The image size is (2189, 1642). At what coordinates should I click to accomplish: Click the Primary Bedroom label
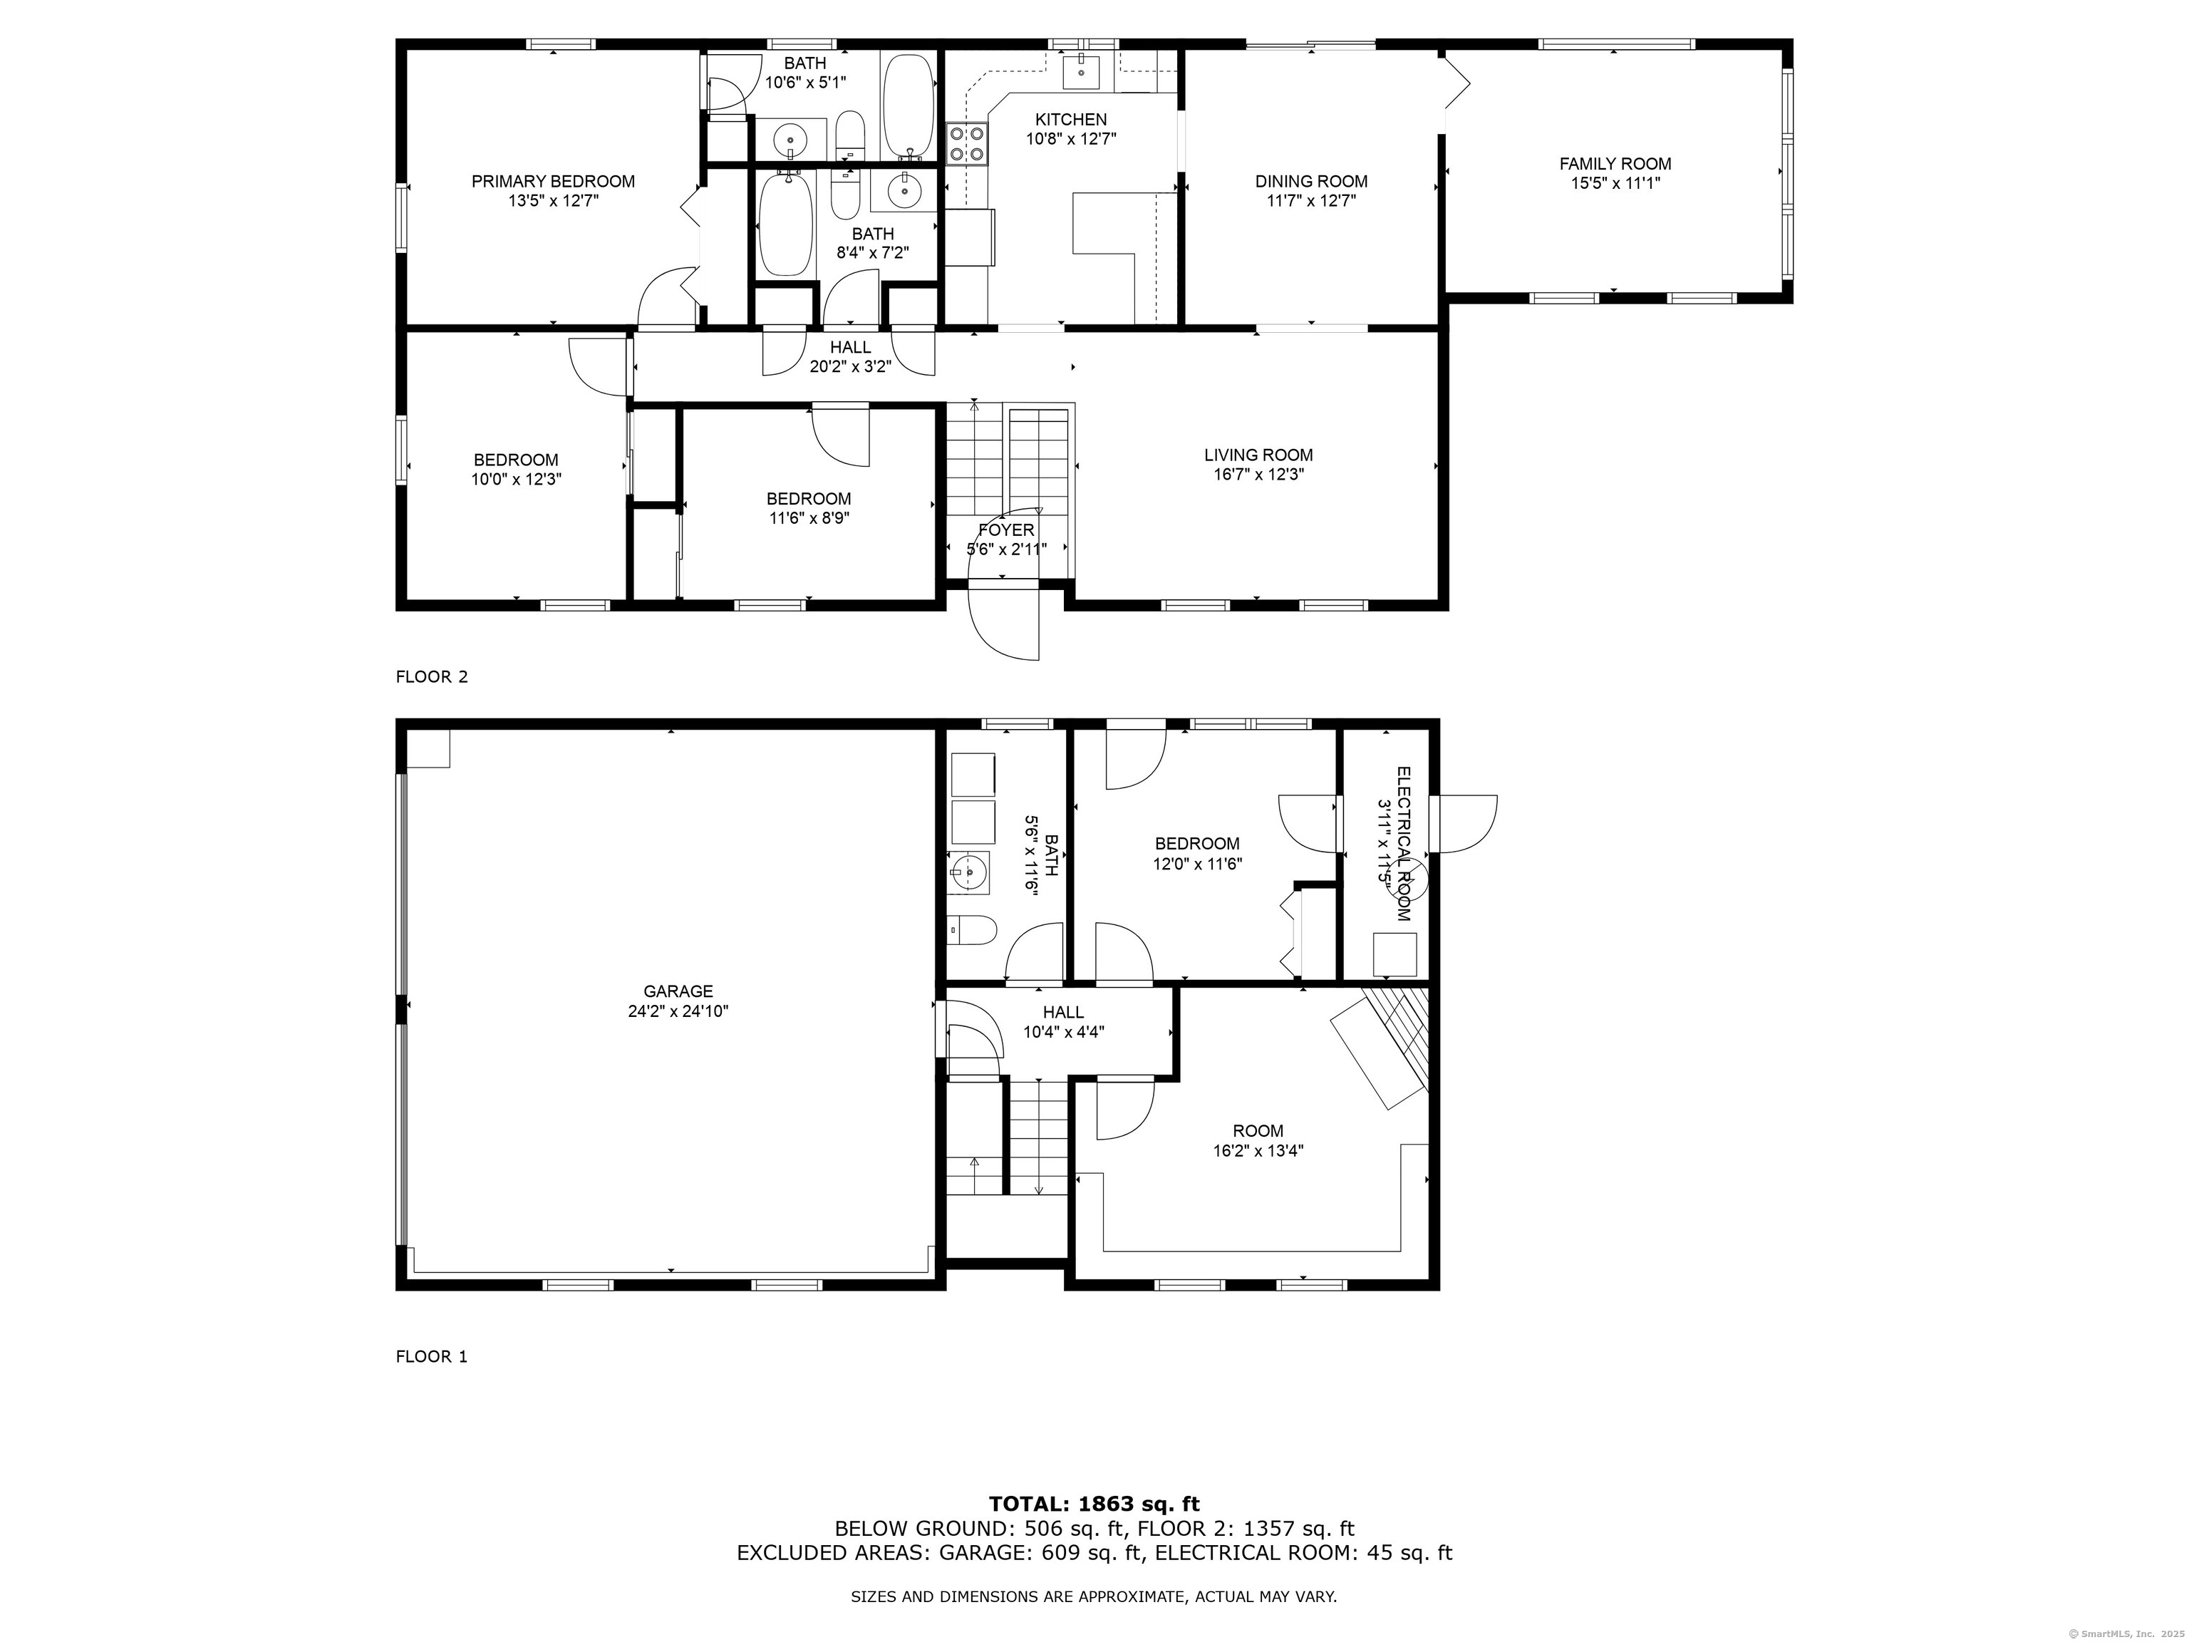[x=552, y=181]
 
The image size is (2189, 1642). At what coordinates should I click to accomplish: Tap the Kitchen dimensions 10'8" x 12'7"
[x=1071, y=138]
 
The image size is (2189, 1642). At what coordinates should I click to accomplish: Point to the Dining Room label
[x=1311, y=181]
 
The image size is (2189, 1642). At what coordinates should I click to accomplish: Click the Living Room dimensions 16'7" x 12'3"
[x=1259, y=474]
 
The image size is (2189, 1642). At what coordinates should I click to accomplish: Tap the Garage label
[x=678, y=991]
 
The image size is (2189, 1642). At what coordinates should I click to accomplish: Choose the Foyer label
[x=1006, y=530]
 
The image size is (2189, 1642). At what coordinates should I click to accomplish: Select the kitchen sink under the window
[x=1082, y=71]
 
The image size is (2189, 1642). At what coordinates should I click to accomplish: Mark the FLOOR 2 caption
[x=432, y=677]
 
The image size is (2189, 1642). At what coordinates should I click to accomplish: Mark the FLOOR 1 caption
[x=432, y=1356]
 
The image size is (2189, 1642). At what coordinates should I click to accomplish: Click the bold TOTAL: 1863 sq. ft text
[x=1094, y=1504]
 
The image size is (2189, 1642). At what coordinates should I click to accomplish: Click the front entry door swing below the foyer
[x=1003, y=624]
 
